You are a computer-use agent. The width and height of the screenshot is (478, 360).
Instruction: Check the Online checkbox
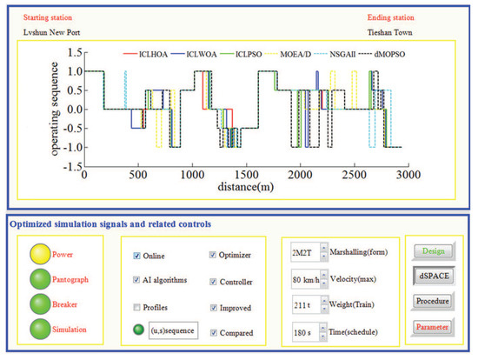pos(136,256)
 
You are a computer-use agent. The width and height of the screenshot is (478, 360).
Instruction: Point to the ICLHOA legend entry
pos(147,54)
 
